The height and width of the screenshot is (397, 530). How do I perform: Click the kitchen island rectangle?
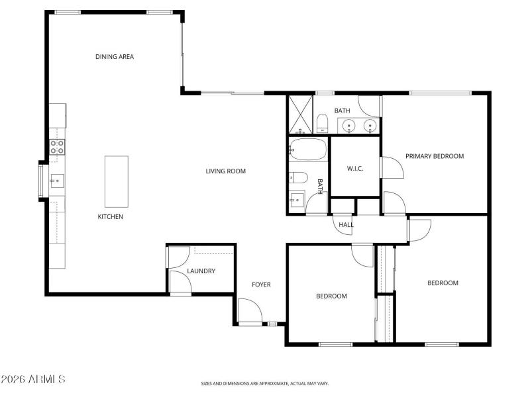click(116, 181)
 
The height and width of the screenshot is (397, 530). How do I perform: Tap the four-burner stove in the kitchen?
click(58, 147)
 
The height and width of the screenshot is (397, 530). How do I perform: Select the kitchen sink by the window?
click(58, 179)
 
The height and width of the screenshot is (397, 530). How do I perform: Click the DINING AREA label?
click(115, 57)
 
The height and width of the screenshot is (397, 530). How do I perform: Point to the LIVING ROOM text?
click(225, 171)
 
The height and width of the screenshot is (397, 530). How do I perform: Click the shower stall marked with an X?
click(300, 114)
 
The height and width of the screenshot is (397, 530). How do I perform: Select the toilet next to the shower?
click(322, 123)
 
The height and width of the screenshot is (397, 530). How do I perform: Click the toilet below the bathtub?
click(297, 177)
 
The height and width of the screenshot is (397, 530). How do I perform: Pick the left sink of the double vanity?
click(348, 125)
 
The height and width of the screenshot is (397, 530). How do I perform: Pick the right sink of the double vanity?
click(370, 125)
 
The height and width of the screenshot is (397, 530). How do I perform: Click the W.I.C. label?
click(354, 168)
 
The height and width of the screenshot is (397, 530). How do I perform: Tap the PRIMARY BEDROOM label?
click(435, 156)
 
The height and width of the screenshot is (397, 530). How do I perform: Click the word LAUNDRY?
click(201, 271)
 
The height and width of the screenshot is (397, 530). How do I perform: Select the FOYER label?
click(261, 285)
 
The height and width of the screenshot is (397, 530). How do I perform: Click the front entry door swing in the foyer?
click(249, 311)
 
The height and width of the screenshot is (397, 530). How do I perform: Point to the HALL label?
click(346, 225)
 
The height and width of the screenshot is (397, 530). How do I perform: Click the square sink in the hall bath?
click(297, 199)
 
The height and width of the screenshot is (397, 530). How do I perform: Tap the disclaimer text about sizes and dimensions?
click(265, 383)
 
